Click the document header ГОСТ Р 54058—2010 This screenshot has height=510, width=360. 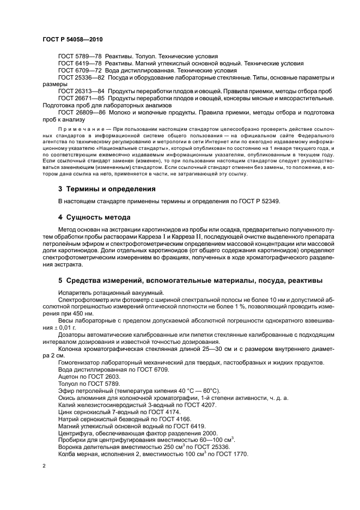(72, 40)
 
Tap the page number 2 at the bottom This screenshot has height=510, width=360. (44, 466)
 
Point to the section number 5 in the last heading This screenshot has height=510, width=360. (60, 280)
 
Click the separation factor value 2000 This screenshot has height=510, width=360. (210, 427)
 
